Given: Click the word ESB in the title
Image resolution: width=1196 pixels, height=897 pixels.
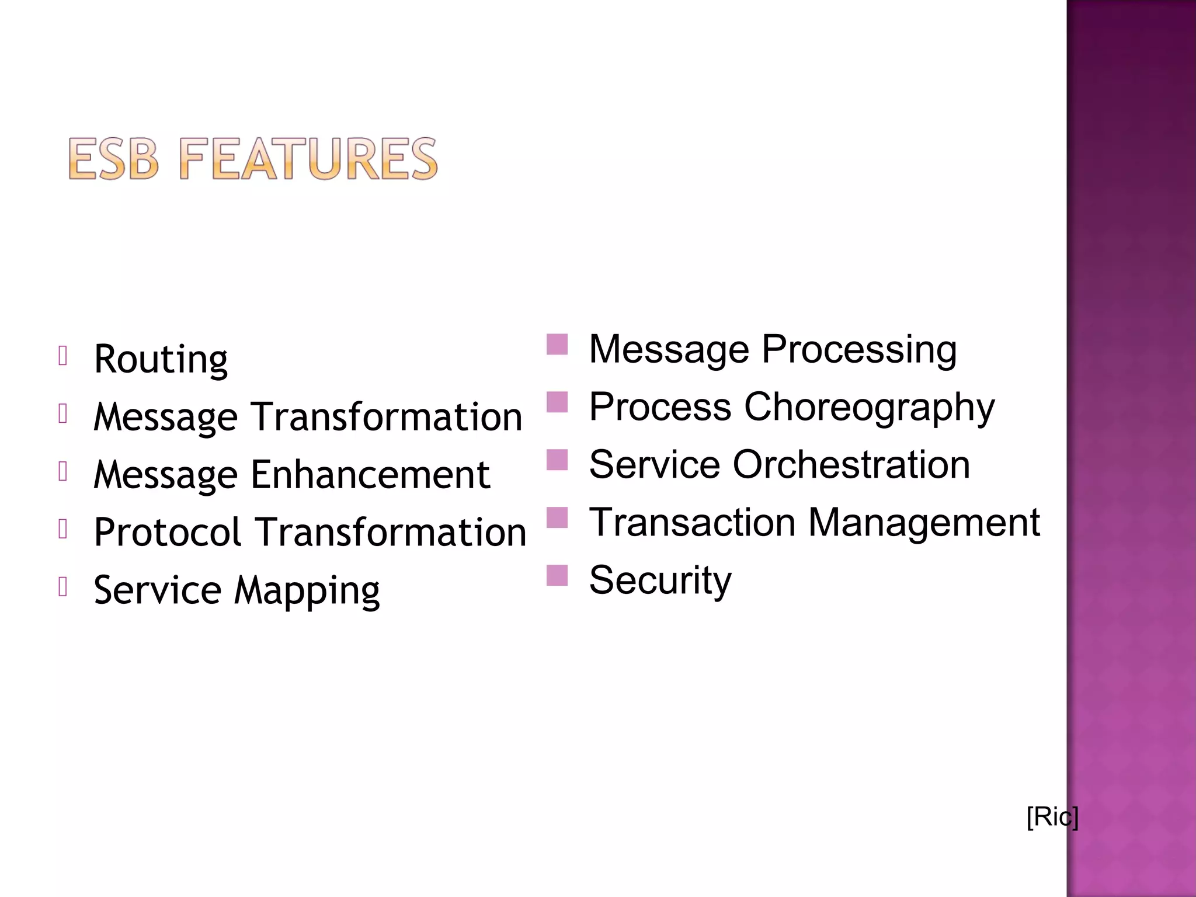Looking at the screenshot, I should [113, 159].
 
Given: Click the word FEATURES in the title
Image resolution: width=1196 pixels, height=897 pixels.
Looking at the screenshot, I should [308, 159].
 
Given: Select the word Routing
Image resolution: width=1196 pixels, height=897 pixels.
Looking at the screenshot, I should [161, 359].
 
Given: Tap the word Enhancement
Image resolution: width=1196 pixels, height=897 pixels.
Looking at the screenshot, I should [370, 474].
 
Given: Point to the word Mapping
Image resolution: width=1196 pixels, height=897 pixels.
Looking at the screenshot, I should [307, 591].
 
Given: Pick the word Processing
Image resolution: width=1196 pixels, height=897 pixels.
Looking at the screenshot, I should [859, 350].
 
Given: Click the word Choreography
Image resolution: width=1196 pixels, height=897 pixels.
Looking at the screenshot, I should [869, 407].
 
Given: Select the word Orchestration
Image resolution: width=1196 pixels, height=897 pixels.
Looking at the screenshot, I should [851, 465].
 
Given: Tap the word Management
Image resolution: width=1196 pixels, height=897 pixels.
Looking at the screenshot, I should [924, 523].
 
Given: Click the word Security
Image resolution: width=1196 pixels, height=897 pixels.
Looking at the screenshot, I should [660, 580].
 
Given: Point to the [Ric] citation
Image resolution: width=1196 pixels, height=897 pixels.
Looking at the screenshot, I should [1052, 816].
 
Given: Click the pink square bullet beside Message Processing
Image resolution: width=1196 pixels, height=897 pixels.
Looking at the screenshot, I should [557, 345].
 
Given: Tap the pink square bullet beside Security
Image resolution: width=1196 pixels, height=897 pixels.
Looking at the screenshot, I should [557, 575].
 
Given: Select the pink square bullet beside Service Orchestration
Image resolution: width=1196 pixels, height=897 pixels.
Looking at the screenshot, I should [557, 460].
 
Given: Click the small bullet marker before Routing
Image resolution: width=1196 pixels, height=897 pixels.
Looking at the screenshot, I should [63, 355].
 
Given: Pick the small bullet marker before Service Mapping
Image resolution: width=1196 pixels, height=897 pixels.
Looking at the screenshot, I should [63, 586].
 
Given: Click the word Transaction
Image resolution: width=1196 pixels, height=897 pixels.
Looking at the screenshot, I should [692, 523].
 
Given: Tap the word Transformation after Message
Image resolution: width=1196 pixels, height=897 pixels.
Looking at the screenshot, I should [387, 417].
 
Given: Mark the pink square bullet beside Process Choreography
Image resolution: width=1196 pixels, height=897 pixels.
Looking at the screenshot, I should [557, 402].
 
